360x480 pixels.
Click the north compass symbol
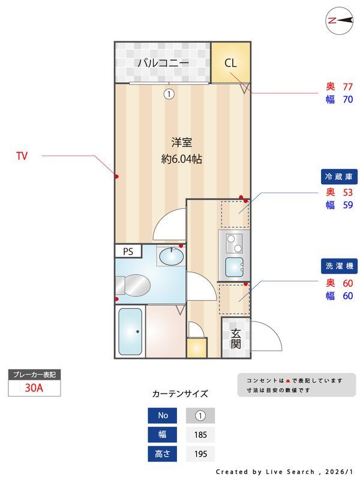[339, 20]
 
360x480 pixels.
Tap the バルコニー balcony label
[163, 62]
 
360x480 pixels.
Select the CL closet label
[231, 62]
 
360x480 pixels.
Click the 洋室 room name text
[181, 142]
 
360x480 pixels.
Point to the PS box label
[128, 251]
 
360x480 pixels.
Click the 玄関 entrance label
[235, 338]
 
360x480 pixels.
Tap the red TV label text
[22, 156]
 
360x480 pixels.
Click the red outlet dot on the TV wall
[116, 176]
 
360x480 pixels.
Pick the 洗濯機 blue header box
[340, 266]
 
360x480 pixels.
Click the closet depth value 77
[347, 86]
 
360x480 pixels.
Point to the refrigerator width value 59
[347, 205]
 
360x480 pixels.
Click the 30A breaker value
[34, 388]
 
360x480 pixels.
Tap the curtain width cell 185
[200, 434]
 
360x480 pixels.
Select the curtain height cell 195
[200, 454]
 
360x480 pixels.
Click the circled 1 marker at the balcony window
[170, 94]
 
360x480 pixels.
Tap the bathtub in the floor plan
[130, 332]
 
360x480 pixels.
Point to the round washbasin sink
[171, 256]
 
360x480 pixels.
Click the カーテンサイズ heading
[180, 394]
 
